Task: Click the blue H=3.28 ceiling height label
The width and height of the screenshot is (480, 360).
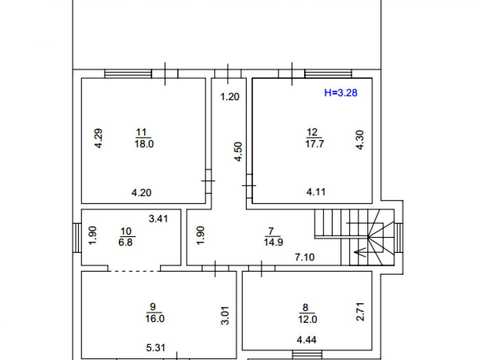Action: point(341,92)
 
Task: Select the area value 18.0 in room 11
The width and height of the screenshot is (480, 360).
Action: point(144,144)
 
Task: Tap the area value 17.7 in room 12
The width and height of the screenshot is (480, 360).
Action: point(315,144)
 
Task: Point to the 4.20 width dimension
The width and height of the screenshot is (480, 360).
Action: point(141,192)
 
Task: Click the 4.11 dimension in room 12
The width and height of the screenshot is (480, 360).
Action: point(316,192)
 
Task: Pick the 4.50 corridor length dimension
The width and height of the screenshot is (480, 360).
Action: point(238,152)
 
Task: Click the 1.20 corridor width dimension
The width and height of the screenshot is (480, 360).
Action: point(230,97)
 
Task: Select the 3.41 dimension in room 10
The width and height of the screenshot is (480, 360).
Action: point(158,219)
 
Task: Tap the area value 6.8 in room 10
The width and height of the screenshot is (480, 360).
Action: point(126,242)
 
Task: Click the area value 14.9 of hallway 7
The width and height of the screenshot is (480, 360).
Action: point(274,242)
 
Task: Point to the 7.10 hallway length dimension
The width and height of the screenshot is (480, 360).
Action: point(305,257)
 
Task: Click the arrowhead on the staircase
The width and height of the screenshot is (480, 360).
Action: point(358,253)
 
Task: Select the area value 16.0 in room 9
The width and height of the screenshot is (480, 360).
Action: point(155,318)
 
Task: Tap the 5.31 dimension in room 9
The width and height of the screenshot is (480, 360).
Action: point(156,348)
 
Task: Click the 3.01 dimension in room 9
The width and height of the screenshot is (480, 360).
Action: point(225,315)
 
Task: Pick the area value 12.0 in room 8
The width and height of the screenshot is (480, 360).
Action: point(307,319)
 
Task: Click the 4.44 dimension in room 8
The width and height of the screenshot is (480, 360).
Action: point(307,340)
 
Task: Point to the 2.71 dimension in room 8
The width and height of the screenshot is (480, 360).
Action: point(360,312)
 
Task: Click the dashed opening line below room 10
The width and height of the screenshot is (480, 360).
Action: point(134,271)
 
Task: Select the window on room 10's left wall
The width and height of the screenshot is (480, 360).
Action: point(77,237)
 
